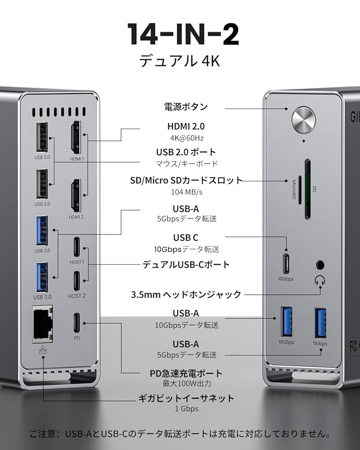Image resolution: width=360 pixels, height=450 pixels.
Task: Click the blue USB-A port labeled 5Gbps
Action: click(x=321, y=323)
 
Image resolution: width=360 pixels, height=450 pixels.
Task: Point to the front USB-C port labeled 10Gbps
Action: click(x=286, y=261)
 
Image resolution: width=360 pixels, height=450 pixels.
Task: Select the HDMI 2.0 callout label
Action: click(x=185, y=127)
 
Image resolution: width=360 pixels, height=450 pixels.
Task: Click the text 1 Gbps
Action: click(x=186, y=409)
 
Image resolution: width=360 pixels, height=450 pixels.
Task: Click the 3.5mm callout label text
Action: click(x=186, y=295)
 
